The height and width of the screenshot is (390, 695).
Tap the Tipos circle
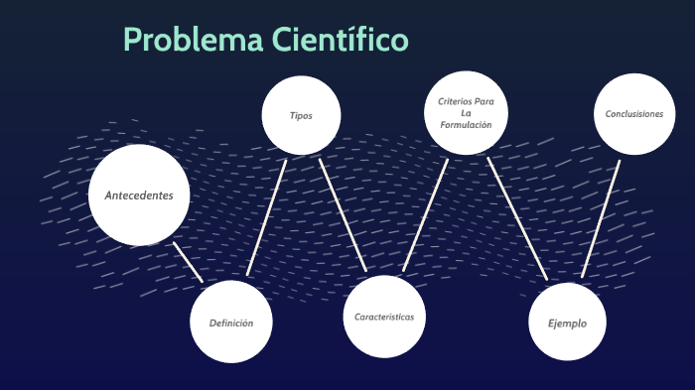tap(301, 115)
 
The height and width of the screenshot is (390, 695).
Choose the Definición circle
tap(231, 323)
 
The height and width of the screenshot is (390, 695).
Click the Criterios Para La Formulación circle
tap(466, 113)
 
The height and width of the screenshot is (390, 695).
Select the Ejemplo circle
tap(567, 323)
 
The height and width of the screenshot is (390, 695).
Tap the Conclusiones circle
tap(634, 114)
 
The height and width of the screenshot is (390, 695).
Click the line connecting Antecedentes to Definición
tap(188, 261)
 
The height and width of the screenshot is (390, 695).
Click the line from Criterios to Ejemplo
tap(518, 218)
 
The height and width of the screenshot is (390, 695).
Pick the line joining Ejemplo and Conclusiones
tap(601, 220)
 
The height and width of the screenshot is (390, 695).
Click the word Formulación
tap(466, 125)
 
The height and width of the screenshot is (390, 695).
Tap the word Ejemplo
tap(567, 324)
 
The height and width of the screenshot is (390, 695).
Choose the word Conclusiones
tap(634, 114)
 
